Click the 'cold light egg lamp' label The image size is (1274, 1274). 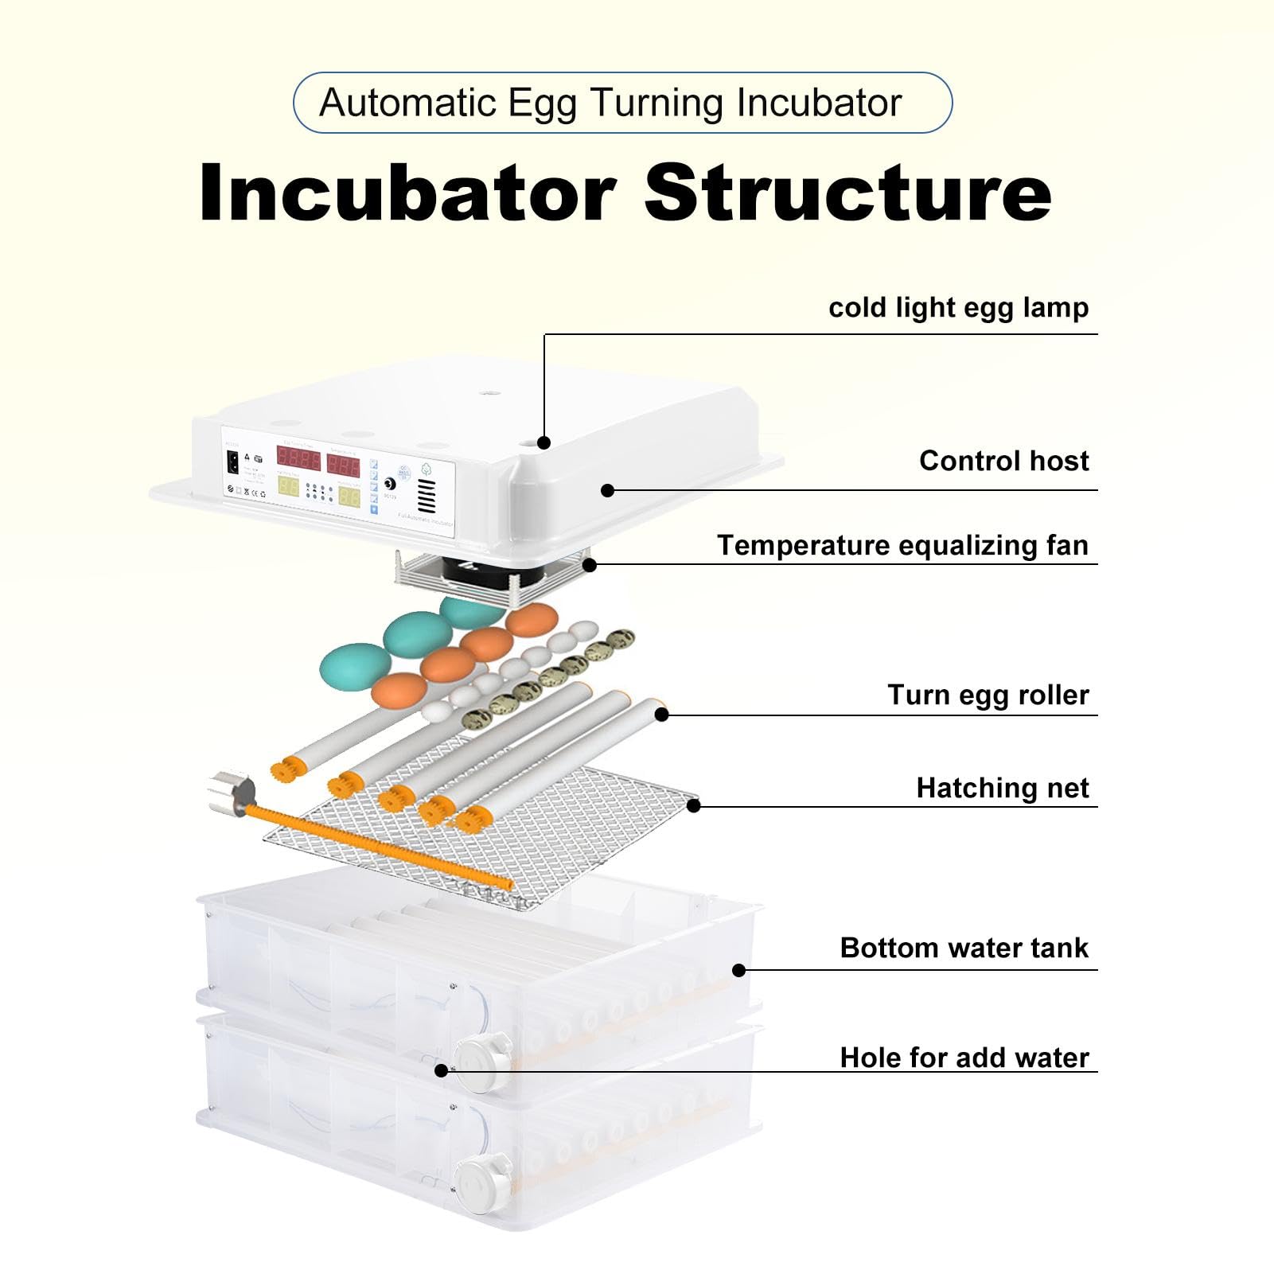pos(958,308)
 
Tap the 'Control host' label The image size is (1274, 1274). pos(1003,462)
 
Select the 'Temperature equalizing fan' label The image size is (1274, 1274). pos(902,546)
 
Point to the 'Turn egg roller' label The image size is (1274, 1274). pos(988,695)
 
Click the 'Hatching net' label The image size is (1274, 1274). pos(1002,789)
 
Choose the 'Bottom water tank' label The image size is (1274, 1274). pos(964,949)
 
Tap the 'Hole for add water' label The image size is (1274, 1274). pos(964,1058)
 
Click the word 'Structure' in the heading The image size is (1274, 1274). pos(847,193)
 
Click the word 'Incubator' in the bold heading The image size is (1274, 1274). pos(407,193)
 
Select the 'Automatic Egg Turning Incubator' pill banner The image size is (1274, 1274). pos(622,103)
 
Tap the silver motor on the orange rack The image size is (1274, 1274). pos(231,793)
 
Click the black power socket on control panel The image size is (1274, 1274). pos(233,462)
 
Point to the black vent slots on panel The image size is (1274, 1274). pos(427,496)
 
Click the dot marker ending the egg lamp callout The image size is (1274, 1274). pos(544,442)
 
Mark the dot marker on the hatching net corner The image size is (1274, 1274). pos(693,805)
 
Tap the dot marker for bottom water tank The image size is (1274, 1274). pos(738,970)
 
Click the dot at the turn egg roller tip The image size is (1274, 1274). pos(661,715)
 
